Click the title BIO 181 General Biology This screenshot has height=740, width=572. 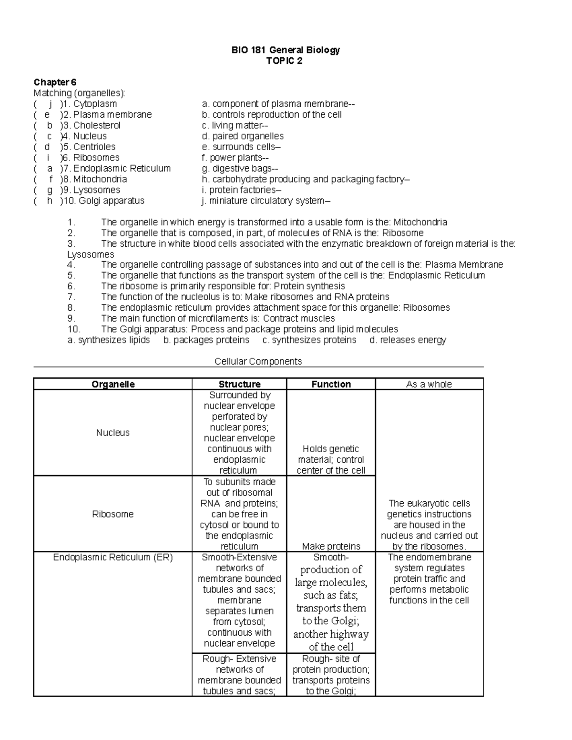pos(285,50)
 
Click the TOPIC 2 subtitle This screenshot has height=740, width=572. pos(285,61)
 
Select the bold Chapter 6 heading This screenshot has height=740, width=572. pos(55,82)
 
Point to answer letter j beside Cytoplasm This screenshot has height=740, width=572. pos(50,104)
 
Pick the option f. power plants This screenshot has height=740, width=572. pos(235,158)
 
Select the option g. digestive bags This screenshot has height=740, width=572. pos(240,168)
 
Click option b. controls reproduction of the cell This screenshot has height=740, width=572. pos(272,115)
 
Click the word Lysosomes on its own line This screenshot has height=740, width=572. pos(91,254)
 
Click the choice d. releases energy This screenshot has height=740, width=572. pos(408,340)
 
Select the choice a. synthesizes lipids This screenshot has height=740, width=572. pos(109,340)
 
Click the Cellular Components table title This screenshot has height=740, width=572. pos(258,361)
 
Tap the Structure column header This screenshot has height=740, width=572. pos(239,384)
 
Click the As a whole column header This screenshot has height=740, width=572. pos(429,384)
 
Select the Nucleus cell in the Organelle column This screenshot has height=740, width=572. pos(112,433)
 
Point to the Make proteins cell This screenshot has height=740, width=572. pos(331,546)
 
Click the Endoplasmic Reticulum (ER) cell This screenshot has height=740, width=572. pos(112,557)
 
